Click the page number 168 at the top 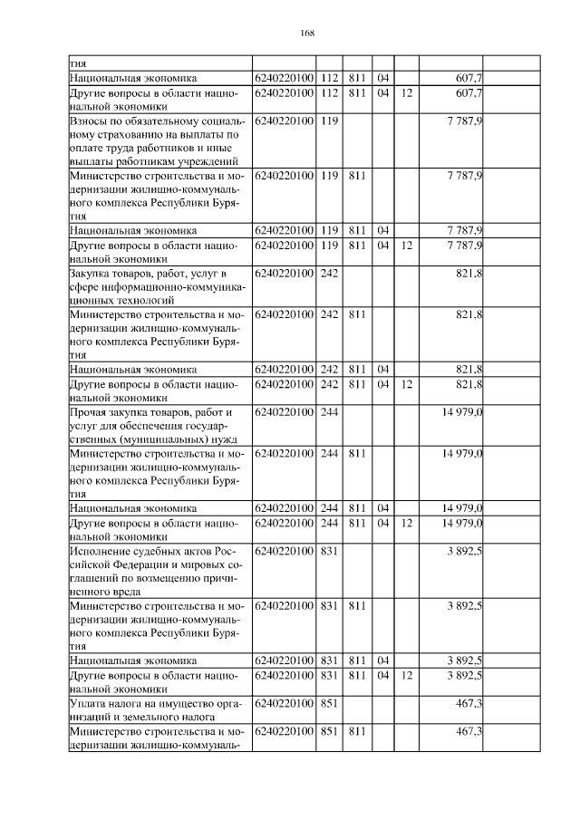click(306, 34)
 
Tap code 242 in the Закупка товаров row click(329, 274)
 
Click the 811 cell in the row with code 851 click(356, 732)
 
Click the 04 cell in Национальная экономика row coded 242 click(382, 370)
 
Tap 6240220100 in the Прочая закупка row click(284, 413)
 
